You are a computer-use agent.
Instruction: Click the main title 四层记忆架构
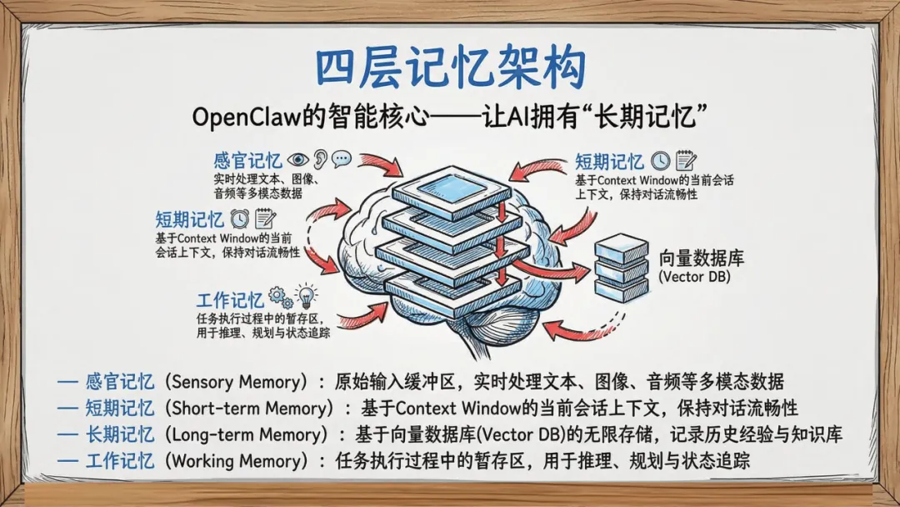(x=449, y=69)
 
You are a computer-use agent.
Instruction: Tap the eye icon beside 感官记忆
(x=297, y=159)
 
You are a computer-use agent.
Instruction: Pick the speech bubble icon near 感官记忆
(x=342, y=159)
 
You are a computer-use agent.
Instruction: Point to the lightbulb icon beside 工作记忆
(x=307, y=296)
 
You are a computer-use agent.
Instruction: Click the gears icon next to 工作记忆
(x=279, y=297)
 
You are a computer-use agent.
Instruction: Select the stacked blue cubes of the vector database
(x=621, y=267)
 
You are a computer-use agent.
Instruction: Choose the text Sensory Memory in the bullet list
(x=232, y=382)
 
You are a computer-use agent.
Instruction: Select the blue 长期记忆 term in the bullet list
(x=120, y=434)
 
